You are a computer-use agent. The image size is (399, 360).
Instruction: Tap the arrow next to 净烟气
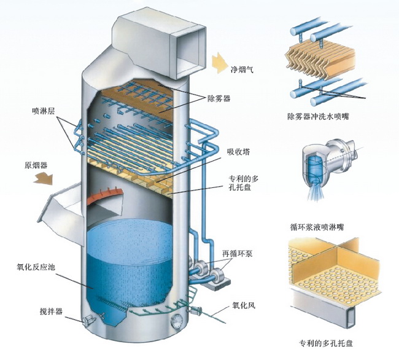[x=218, y=63]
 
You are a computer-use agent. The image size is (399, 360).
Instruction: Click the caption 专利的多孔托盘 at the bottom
[x=323, y=343]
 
